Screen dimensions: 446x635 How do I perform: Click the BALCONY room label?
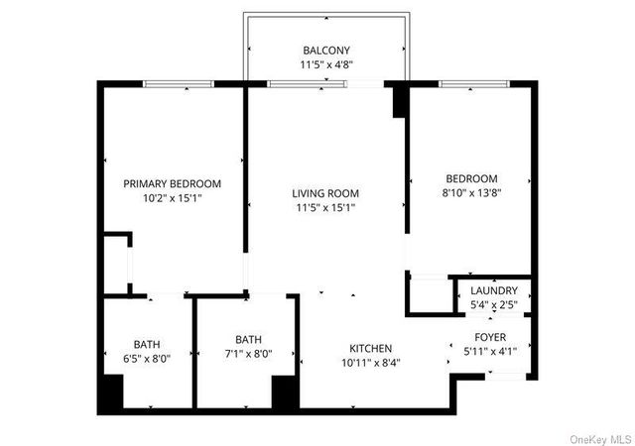coord(325,51)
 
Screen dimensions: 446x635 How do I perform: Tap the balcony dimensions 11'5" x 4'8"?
coord(325,65)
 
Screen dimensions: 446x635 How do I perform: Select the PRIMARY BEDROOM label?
coord(172,183)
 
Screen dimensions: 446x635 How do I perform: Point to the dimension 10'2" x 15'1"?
coord(172,198)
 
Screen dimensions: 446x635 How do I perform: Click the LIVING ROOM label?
coord(325,193)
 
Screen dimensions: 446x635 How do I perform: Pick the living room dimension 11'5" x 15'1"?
coord(325,208)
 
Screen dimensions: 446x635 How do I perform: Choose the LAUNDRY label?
coord(494,290)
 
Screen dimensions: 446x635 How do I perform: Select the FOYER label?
coord(490,337)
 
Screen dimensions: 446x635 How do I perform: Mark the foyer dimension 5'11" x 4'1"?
coord(490,351)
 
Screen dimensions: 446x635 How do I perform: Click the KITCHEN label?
coord(371,349)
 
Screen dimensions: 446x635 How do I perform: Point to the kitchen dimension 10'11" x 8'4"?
coord(371,363)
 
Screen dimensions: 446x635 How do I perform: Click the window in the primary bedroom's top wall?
coord(179,84)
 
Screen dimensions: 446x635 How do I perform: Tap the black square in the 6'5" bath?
coord(109,393)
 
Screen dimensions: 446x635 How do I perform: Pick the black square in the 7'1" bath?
coord(286,392)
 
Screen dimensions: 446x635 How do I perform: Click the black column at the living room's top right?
coord(400,102)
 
